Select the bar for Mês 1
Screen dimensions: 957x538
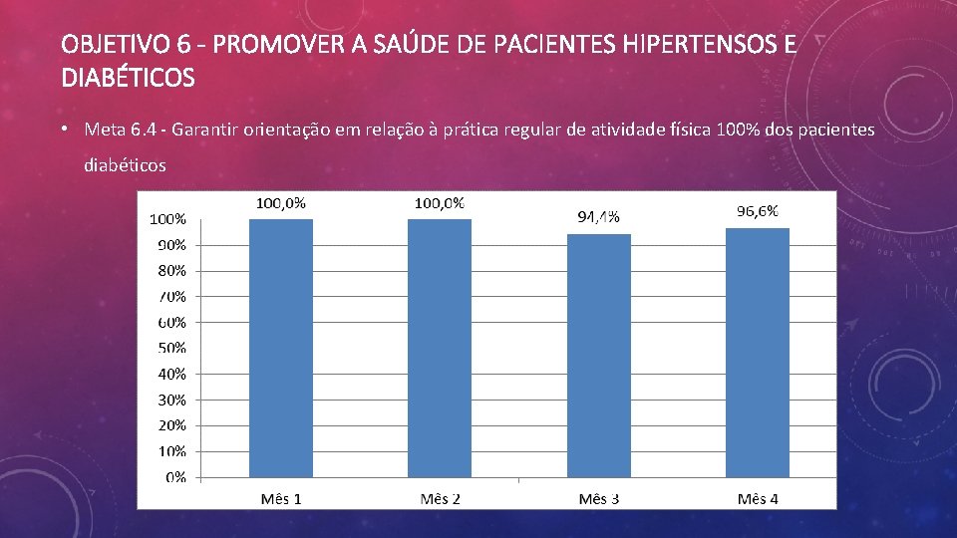tap(281, 349)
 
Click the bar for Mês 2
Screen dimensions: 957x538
tap(440, 349)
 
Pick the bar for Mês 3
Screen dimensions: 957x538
tap(599, 356)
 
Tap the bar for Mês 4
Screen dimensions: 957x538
tap(758, 353)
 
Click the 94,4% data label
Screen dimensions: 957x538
tap(599, 217)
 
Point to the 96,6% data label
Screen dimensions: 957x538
tap(758, 211)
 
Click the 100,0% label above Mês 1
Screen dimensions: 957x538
tap(281, 203)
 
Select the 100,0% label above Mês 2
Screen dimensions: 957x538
tap(440, 203)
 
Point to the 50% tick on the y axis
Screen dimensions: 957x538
tap(172, 348)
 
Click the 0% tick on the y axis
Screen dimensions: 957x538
tap(175, 477)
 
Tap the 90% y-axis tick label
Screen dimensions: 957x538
tap(172, 245)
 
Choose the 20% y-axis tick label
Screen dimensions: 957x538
tap(172, 425)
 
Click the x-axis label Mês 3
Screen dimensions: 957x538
tap(599, 499)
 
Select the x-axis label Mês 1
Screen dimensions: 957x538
tap(281, 499)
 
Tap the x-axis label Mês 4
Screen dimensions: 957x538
tap(758, 499)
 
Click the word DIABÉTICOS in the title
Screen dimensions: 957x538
tap(129, 78)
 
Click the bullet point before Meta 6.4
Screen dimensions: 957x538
tap(64, 129)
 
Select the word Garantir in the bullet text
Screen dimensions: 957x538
tap(204, 130)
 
